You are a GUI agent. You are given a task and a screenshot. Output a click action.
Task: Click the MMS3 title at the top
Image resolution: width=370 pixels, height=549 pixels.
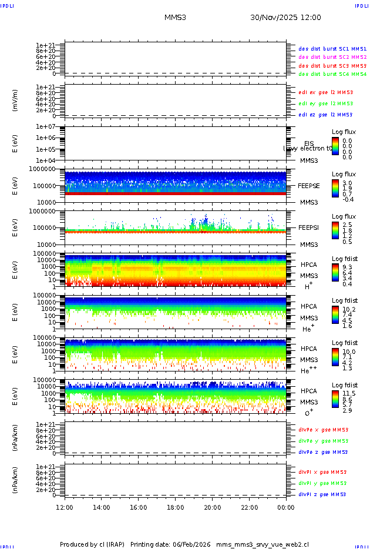(x=175, y=18)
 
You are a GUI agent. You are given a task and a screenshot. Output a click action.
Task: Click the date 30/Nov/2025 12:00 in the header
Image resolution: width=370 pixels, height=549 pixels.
(x=285, y=18)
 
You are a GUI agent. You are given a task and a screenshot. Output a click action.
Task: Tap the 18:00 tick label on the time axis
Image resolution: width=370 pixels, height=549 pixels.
(x=175, y=507)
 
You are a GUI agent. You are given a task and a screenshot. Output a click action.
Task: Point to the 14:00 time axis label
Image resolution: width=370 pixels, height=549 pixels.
(x=102, y=507)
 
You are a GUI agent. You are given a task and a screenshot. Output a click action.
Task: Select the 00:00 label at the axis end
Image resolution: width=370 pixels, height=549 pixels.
(x=286, y=507)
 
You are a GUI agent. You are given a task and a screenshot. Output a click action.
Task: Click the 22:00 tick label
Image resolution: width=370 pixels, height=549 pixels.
(x=249, y=507)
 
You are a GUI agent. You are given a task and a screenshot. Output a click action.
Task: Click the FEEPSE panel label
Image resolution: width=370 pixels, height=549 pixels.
(x=309, y=186)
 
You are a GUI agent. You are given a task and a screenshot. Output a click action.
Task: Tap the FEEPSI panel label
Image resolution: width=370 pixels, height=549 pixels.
(x=309, y=227)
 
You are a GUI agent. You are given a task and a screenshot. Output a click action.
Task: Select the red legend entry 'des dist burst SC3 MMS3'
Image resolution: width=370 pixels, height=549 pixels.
(x=332, y=66)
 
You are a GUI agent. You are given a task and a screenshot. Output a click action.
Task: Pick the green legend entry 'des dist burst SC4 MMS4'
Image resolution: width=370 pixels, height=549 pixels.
(x=332, y=75)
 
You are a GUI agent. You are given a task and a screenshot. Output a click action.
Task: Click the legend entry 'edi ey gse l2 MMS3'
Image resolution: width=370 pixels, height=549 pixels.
(x=325, y=103)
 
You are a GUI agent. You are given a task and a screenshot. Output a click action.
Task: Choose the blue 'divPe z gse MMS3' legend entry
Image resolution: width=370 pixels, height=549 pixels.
(x=323, y=452)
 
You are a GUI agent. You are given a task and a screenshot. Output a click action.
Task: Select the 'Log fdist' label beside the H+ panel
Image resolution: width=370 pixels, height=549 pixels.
(x=345, y=259)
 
